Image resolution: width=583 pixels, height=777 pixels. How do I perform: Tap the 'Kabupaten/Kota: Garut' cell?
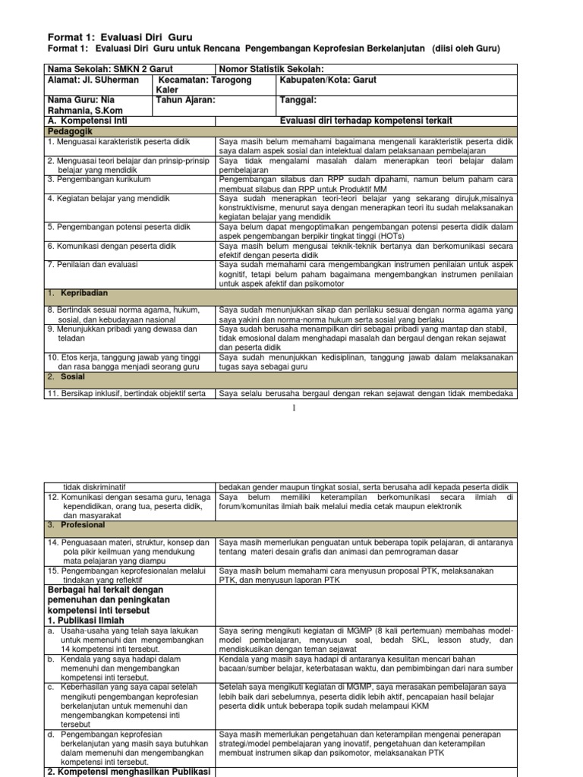[329, 80]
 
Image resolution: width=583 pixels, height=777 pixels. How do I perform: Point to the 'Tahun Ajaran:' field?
[186, 99]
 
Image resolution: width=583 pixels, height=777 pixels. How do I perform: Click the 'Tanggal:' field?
[298, 99]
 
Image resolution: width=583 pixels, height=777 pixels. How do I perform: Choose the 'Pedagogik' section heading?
[70, 131]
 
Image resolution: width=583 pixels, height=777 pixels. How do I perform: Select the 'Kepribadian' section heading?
[86, 292]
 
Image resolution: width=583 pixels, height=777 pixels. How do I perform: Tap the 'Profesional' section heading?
[83, 524]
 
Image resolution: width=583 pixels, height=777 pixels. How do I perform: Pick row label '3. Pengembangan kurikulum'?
[99, 179]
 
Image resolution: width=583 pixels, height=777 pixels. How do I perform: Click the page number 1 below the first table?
[291, 408]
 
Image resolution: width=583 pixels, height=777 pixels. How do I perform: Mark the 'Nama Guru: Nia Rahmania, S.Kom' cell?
[84, 105]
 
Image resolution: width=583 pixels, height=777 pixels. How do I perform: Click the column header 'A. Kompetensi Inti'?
[88, 120]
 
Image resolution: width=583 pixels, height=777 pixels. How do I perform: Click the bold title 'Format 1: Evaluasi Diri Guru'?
[120, 36]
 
